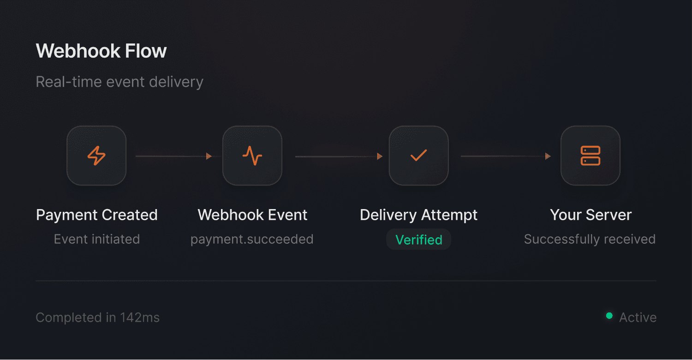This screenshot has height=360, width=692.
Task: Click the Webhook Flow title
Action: tap(101, 51)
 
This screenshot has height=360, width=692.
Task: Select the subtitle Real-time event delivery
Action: tap(119, 82)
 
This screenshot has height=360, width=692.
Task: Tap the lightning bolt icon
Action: tap(96, 156)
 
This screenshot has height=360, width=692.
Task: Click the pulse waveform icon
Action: tap(252, 156)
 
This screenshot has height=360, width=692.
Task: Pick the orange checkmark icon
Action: tap(418, 156)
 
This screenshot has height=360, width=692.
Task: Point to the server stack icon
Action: tap(590, 156)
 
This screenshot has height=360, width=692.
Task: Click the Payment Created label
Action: tap(97, 215)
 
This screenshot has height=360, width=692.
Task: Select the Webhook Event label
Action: tap(252, 215)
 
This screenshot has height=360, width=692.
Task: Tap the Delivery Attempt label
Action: tap(418, 215)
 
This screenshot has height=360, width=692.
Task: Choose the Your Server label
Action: tap(591, 215)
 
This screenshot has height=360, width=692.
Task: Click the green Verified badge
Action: tap(418, 240)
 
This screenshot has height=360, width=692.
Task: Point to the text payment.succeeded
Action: tap(252, 239)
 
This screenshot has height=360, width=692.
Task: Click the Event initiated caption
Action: tap(97, 239)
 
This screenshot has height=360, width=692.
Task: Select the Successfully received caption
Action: tap(590, 239)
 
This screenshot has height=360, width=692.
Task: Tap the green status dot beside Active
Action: tap(609, 316)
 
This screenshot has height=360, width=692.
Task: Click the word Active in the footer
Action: tap(638, 318)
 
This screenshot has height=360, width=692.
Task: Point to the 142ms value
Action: tap(140, 318)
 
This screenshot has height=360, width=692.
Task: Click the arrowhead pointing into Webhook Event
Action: tap(209, 156)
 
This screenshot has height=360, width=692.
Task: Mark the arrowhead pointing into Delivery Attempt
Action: tap(380, 156)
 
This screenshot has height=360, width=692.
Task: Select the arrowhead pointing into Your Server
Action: tap(548, 156)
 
